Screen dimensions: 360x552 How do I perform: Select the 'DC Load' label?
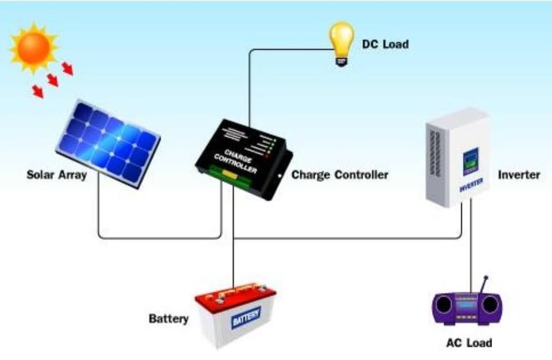pyautogui.click(x=385, y=44)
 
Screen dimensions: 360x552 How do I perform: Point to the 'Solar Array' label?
pyautogui.click(x=56, y=174)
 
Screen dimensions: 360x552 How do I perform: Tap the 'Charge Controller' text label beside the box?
pyautogui.click(x=340, y=174)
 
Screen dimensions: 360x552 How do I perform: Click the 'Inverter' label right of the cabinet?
pyautogui.click(x=519, y=174)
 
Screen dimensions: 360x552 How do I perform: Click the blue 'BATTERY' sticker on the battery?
pyautogui.click(x=246, y=317)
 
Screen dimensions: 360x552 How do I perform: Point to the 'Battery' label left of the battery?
pyautogui.click(x=168, y=318)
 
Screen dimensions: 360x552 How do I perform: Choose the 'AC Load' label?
pyautogui.click(x=469, y=343)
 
